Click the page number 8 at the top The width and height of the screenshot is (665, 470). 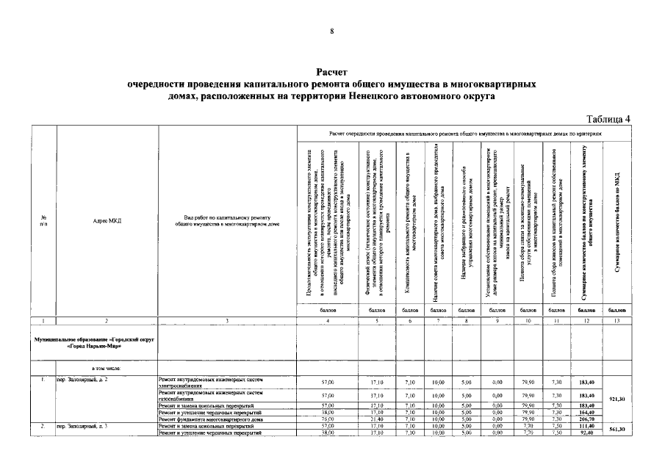pos(331,32)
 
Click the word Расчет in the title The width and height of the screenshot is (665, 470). pos(332,73)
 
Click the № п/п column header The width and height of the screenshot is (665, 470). pos(44,220)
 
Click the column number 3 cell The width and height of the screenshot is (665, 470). pos(227,321)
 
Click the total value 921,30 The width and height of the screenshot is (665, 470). pos(617,399)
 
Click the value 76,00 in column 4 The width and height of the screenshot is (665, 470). pos(328,419)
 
